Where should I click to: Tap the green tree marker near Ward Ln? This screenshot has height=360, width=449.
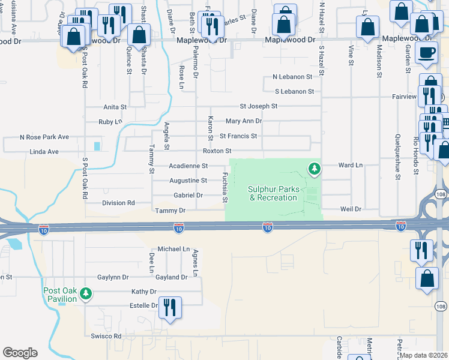313,169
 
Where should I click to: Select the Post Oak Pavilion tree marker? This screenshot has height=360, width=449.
86,293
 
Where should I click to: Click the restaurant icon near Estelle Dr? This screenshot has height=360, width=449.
170,307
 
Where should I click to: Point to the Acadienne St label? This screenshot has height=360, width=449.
188,166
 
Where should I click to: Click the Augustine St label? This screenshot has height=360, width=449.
188,180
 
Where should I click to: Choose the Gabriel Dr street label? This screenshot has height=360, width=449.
188,195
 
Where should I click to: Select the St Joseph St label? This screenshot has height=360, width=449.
258,106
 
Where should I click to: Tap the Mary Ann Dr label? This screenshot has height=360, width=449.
244,121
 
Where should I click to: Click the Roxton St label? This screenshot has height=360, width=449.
217,151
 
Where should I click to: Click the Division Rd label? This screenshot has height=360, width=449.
118,203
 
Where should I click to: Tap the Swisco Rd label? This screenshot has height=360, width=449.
106,336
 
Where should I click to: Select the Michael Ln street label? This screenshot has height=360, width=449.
173,248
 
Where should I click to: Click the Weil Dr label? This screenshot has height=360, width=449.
350,209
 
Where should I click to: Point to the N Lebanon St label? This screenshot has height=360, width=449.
292,77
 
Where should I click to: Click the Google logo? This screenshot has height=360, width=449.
20,353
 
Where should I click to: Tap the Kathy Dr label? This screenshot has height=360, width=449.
144,292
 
